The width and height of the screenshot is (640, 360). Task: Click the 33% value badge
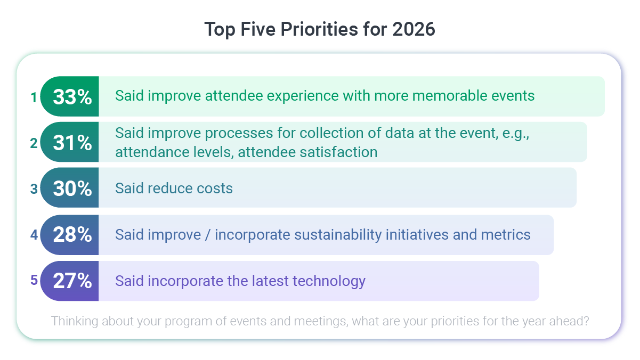pyautogui.click(x=72, y=96)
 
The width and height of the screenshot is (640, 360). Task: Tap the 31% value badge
pyautogui.click(x=72, y=142)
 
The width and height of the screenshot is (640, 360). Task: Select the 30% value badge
pyautogui.click(x=72, y=188)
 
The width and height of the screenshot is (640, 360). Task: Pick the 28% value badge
pyautogui.click(x=72, y=234)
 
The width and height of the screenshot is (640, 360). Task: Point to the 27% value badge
pyautogui.click(x=72, y=281)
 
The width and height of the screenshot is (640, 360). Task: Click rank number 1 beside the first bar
pyautogui.click(x=34, y=97)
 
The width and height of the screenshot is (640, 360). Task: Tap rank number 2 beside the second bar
pyautogui.click(x=34, y=143)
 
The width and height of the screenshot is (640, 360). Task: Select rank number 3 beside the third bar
pyautogui.click(x=34, y=189)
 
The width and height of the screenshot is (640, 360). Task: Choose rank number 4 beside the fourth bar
pyautogui.click(x=34, y=235)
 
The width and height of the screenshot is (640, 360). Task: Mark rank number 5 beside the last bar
pyautogui.click(x=34, y=281)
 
